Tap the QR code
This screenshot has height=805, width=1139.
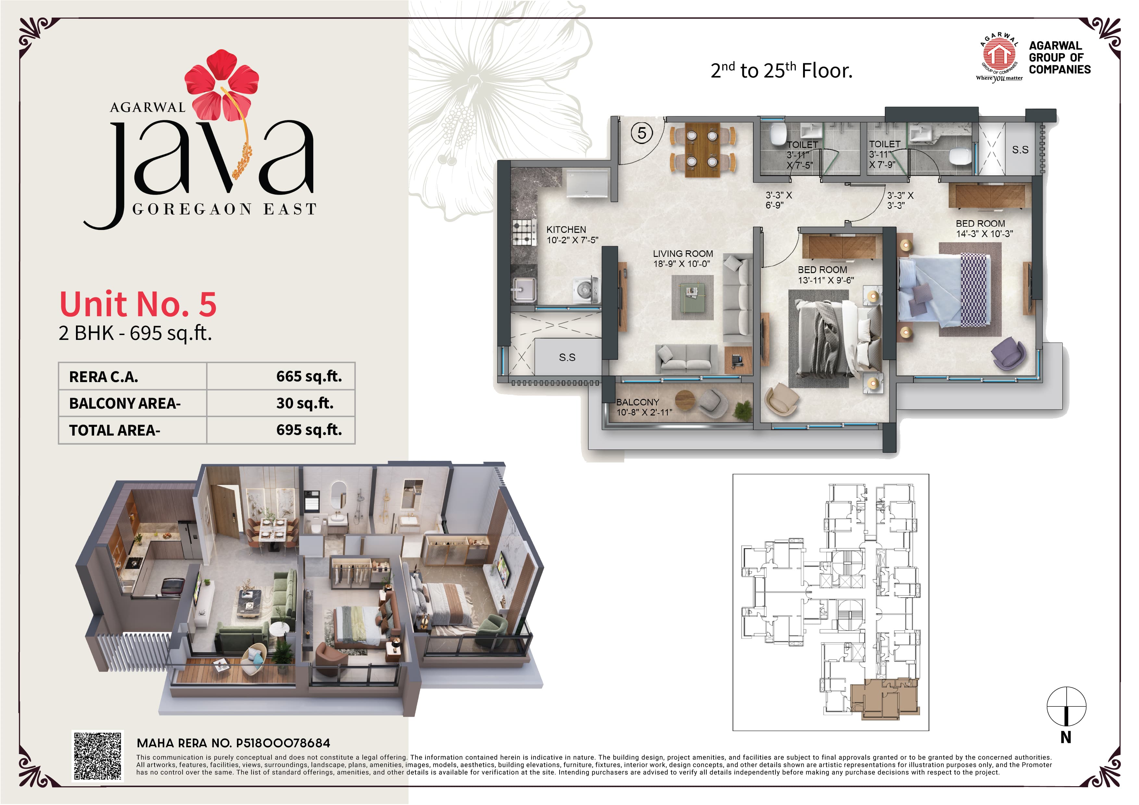[98, 756]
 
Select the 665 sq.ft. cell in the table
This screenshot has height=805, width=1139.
[309, 377]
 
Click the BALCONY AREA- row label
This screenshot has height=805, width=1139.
[125, 403]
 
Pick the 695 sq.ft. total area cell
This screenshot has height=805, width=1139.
[309, 430]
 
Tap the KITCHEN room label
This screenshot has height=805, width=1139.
[566, 230]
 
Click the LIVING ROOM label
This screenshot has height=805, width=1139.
[683, 253]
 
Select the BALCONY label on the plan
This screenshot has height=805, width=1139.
[638, 402]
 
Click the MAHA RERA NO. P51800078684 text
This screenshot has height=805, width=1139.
[233, 743]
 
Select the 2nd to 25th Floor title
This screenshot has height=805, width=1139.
[781, 70]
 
